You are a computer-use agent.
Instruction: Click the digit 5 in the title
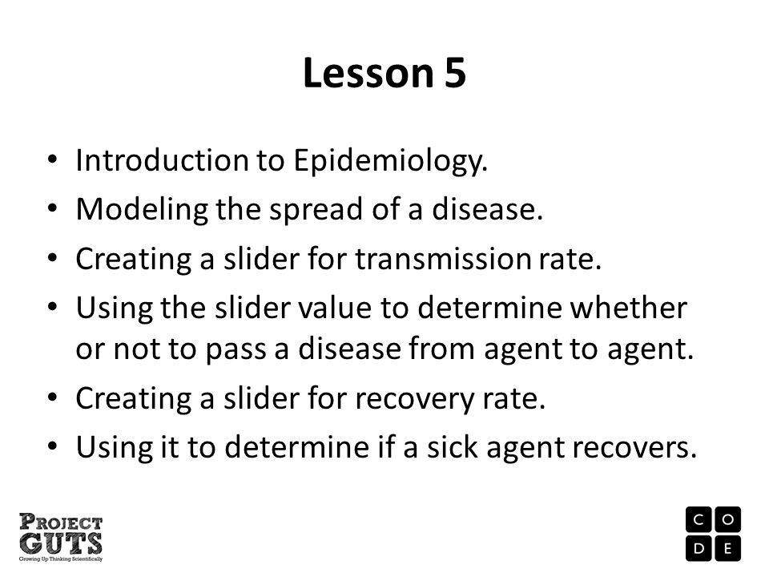[x=455, y=73]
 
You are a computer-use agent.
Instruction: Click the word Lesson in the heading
[x=368, y=73]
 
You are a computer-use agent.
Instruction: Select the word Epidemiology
[x=390, y=161]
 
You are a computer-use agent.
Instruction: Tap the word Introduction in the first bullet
[x=162, y=160]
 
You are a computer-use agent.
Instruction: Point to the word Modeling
[x=142, y=210]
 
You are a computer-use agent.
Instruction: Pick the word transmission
[x=443, y=259]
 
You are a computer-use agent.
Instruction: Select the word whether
[x=628, y=308]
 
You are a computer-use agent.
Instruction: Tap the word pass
[x=236, y=350]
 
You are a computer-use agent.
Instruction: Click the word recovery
[x=414, y=399]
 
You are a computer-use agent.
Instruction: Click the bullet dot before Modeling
[x=53, y=208]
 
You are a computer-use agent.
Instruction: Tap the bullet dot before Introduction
[x=53, y=159]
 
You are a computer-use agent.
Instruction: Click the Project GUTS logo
[x=61, y=537]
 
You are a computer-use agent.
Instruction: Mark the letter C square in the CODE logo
[x=699, y=519]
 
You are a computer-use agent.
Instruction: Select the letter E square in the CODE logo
[x=728, y=548]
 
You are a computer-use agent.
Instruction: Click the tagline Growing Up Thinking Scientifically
[x=61, y=559]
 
